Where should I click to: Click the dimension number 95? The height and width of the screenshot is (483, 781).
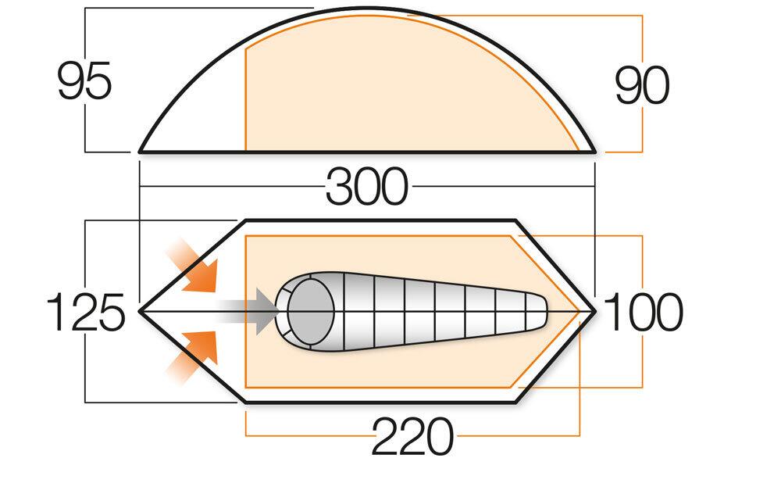[84, 81]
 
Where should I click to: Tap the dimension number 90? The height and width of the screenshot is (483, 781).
[642, 85]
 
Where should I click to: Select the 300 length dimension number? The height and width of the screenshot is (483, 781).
[367, 187]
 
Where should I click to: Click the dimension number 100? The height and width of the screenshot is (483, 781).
[643, 312]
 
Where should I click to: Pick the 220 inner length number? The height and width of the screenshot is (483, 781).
[413, 436]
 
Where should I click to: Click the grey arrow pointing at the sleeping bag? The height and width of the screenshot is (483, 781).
[248, 310]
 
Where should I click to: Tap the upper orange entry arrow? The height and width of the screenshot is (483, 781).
[193, 265]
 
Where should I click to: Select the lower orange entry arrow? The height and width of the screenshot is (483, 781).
[192, 356]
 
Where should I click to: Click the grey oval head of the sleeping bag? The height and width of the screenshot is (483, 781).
[310, 311]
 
